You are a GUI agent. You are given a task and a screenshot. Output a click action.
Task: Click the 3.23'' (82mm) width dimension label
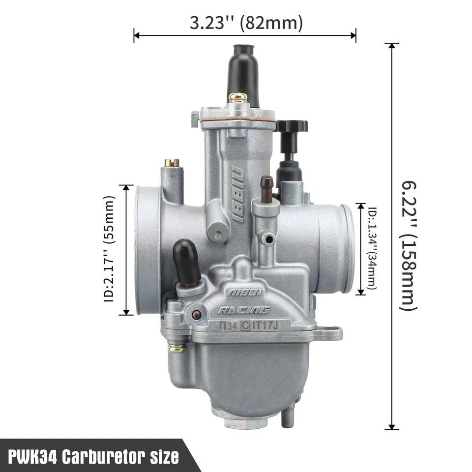[246, 23]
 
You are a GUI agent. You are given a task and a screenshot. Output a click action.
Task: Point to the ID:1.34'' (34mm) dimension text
[372, 248]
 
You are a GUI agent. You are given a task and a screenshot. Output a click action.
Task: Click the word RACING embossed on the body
[244, 310]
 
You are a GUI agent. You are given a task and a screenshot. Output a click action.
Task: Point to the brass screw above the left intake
[172, 162]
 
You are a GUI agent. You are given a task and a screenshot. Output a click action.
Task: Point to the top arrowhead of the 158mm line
[392, 46]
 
